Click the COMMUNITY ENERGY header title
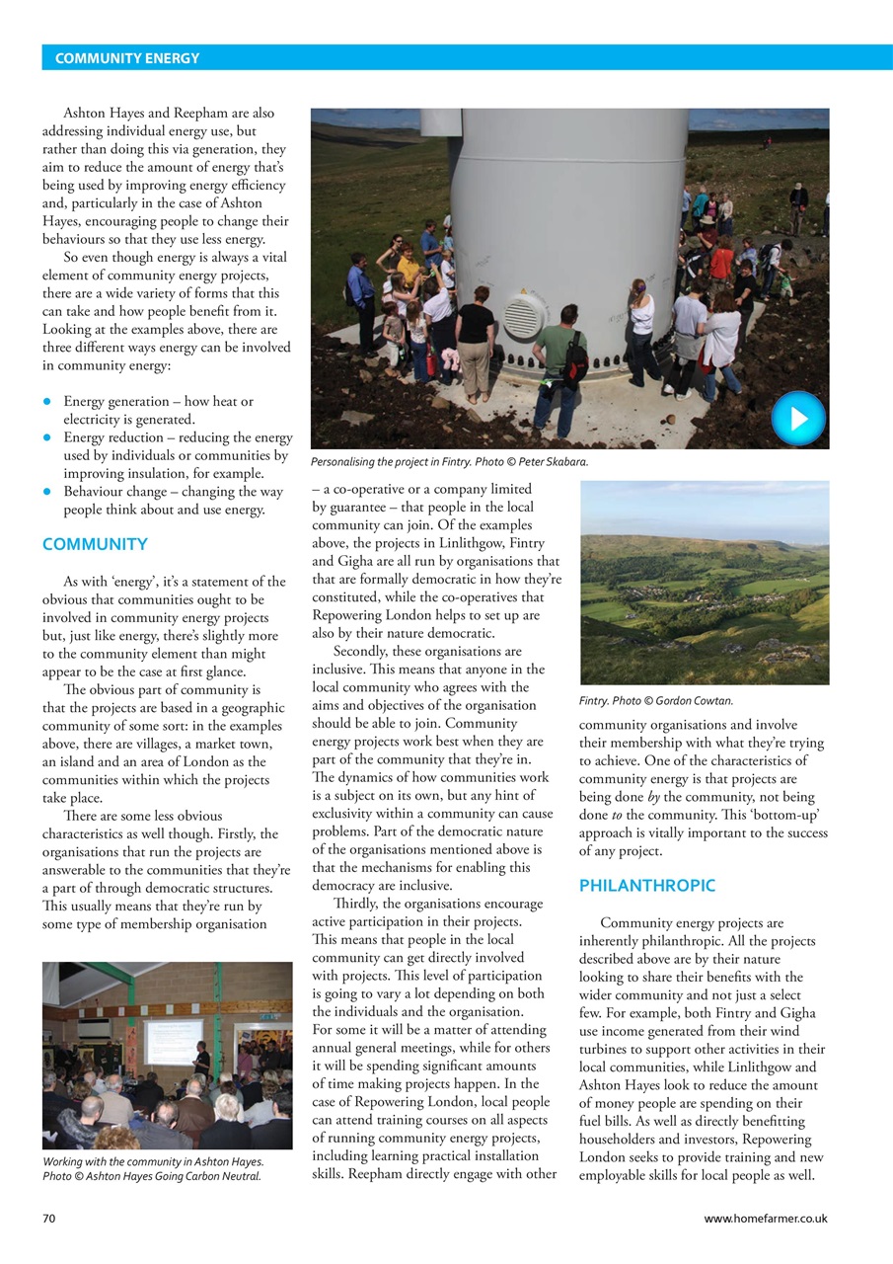pyautogui.click(x=127, y=58)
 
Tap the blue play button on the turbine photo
pyautogui.click(x=797, y=418)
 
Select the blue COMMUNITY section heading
pyautogui.click(x=95, y=544)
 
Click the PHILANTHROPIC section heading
pyautogui.click(x=646, y=886)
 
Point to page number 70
pyautogui.click(x=48, y=1219)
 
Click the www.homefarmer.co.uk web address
pyautogui.click(x=766, y=1219)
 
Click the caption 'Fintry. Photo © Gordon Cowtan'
pyautogui.click(x=655, y=701)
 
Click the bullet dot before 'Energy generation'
pyautogui.click(x=47, y=401)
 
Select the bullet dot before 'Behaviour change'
pyautogui.click(x=47, y=492)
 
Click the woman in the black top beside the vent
pyautogui.click(x=476, y=336)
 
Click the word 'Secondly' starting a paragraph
pyautogui.click(x=362, y=652)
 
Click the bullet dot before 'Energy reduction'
pyautogui.click(x=47, y=437)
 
